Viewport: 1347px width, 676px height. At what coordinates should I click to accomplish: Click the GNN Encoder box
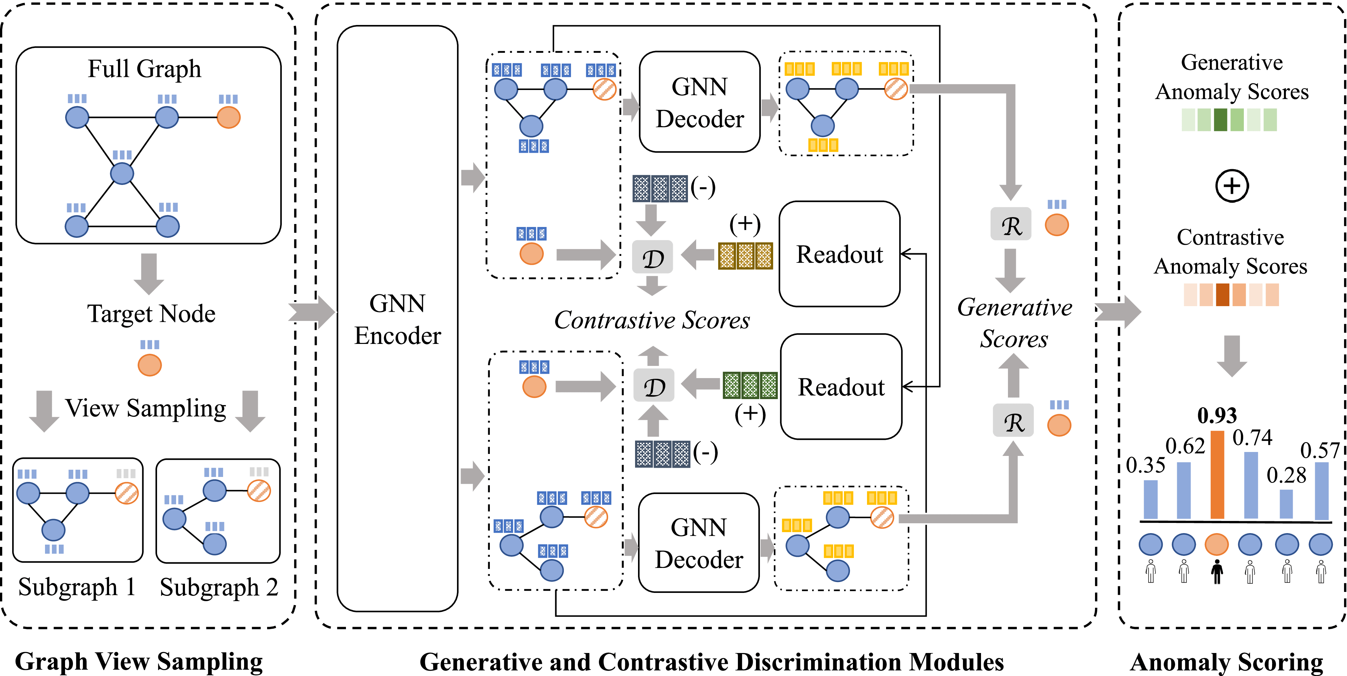tap(398, 319)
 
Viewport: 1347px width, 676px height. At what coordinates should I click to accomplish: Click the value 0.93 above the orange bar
tap(1217, 416)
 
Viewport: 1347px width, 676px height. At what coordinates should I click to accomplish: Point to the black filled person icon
tap(1217, 572)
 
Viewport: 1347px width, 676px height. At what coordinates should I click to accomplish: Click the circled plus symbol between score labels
tap(1231, 186)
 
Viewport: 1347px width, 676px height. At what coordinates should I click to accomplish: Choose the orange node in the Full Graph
tap(229, 117)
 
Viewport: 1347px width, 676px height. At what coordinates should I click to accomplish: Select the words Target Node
tap(151, 314)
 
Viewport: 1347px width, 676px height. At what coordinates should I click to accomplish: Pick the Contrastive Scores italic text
tap(652, 320)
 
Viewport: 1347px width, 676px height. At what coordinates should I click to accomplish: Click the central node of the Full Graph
tap(122, 173)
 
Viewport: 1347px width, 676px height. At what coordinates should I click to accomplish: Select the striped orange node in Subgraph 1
tap(126, 492)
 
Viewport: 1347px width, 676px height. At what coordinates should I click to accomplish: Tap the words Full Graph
tap(144, 69)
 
